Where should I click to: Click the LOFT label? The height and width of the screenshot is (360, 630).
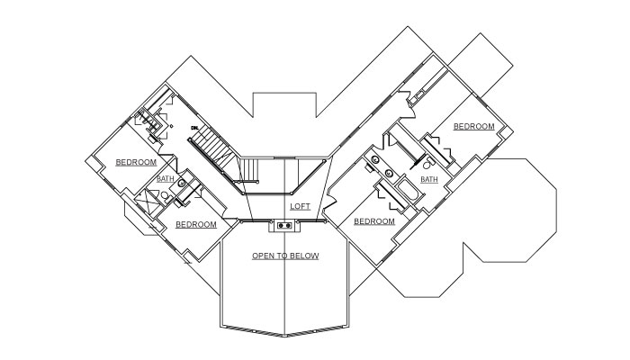coord(301,207)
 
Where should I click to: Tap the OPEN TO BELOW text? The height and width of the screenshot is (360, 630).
coord(285,256)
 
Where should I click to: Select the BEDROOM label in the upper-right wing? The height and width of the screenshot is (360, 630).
coord(473,127)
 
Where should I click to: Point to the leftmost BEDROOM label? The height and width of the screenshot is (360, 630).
coord(136,162)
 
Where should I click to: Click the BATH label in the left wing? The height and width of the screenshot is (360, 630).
coord(165,178)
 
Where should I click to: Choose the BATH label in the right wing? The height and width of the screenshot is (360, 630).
coord(429,179)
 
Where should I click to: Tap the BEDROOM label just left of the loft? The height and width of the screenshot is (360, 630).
coord(195,224)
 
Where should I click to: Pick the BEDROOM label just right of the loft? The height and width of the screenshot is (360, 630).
coord(374,221)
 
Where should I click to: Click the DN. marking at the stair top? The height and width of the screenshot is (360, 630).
coord(193,129)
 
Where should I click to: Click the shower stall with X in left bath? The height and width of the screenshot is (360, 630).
coord(146,199)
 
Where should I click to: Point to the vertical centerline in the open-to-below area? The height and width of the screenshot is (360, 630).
coord(285,297)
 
